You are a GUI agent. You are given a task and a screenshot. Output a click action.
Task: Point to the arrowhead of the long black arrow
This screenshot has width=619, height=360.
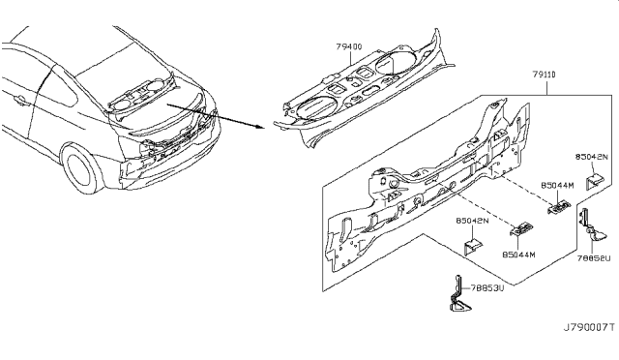pos(262,128)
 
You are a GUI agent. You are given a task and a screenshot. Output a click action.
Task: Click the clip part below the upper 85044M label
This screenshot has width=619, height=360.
pos(558,206)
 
